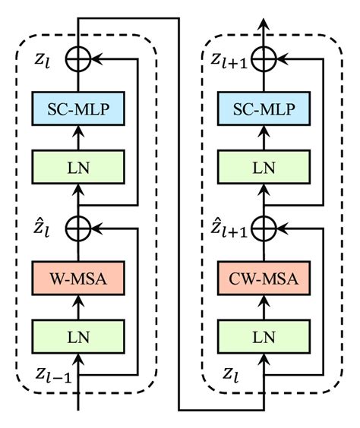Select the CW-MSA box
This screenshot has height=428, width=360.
coord(264,279)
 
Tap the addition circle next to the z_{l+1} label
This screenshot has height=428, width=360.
coord(264,58)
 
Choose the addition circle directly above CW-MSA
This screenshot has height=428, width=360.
coord(264,227)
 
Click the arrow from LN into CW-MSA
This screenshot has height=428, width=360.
coord(264,306)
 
